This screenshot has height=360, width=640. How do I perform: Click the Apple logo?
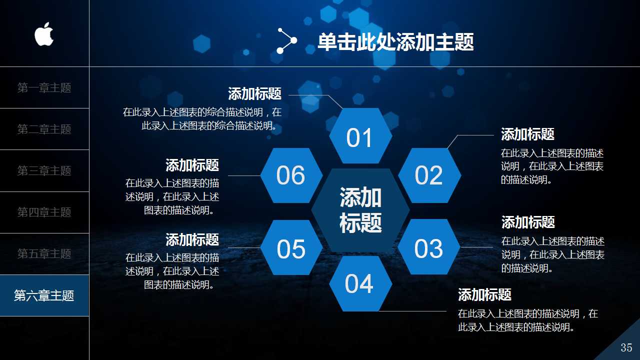click(44, 34)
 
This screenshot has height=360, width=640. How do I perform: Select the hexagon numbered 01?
click(360, 136)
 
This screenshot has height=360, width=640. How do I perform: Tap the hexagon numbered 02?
click(429, 175)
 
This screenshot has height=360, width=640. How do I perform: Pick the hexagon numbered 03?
click(429, 248)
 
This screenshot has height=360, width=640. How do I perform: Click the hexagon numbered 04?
click(360, 283)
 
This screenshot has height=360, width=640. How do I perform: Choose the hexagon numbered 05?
click(291, 248)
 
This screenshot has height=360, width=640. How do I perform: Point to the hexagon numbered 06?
click(291, 175)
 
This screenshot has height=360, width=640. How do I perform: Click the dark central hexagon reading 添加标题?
click(360, 210)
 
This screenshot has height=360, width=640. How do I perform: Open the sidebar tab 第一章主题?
click(44, 88)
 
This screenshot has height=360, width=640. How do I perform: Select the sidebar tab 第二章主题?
click(44, 129)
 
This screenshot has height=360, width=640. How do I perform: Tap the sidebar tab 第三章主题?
click(44, 171)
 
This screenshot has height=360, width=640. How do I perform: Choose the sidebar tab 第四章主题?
click(44, 212)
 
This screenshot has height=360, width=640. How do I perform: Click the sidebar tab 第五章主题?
click(44, 254)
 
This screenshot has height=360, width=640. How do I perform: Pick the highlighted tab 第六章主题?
click(44, 295)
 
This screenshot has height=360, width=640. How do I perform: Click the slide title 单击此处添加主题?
click(395, 42)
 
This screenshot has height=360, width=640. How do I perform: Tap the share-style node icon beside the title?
click(287, 40)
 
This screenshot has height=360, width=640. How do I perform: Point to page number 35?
click(626, 347)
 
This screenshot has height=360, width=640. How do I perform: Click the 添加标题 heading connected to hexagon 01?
click(255, 93)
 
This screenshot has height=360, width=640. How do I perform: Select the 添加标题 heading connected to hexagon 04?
click(484, 294)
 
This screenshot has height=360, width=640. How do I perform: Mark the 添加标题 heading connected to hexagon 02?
click(527, 134)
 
